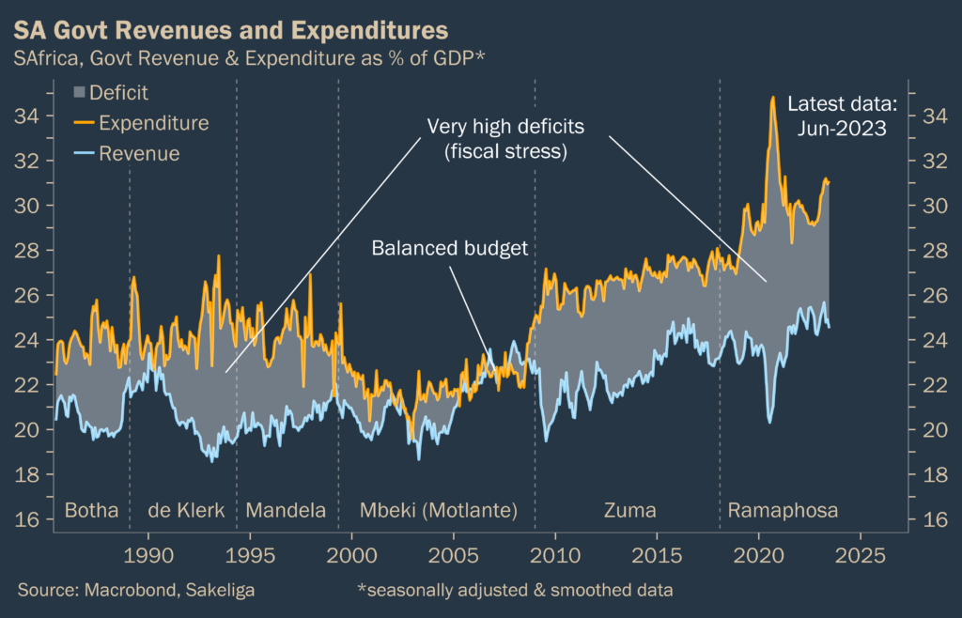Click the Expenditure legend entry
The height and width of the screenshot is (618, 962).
coord(142,123)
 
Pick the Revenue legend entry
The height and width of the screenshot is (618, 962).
coord(127,153)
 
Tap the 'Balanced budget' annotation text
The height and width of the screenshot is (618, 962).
coord(450,248)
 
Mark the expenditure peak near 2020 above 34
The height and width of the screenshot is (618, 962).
coord(772,98)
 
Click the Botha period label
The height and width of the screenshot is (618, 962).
coord(91,511)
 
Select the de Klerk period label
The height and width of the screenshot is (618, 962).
coord(186,511)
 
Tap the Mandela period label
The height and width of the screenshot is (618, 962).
coord(286,511)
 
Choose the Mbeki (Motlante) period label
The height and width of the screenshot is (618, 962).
coord(439,511)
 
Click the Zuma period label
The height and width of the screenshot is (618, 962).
coord(629,511)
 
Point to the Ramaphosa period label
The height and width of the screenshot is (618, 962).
coord(783,511)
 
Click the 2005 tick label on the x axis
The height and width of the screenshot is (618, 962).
coord(454,554)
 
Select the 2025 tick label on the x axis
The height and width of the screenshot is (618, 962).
coord(861,554)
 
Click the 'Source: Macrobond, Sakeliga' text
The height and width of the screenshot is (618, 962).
coord(136,590)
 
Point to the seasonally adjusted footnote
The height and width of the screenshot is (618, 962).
coord(515,590)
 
